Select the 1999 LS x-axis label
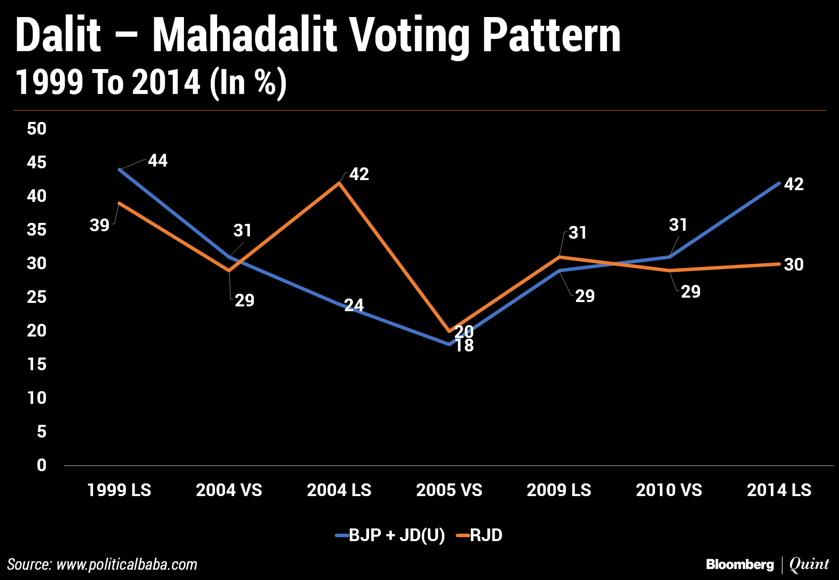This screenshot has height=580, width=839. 119,490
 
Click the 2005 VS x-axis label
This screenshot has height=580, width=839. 449,490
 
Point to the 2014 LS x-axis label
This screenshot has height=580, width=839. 779,490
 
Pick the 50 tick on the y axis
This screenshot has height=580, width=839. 37,129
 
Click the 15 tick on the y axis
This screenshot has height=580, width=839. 37,364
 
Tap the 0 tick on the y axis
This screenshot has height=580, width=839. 42,465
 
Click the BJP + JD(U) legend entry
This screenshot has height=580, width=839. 396,535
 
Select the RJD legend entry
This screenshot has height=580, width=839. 486,535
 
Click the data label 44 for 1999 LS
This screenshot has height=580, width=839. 158,161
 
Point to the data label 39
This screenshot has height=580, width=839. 100,225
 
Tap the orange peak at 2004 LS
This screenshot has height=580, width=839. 339,183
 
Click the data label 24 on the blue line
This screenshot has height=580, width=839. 354,305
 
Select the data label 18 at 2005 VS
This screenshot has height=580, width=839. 464,346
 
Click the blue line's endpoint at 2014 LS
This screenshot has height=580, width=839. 779,183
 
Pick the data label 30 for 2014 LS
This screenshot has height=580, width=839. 794,264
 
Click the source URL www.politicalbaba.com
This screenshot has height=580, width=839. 127,564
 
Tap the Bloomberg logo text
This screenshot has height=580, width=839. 739,564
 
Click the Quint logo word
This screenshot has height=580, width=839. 809,564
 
